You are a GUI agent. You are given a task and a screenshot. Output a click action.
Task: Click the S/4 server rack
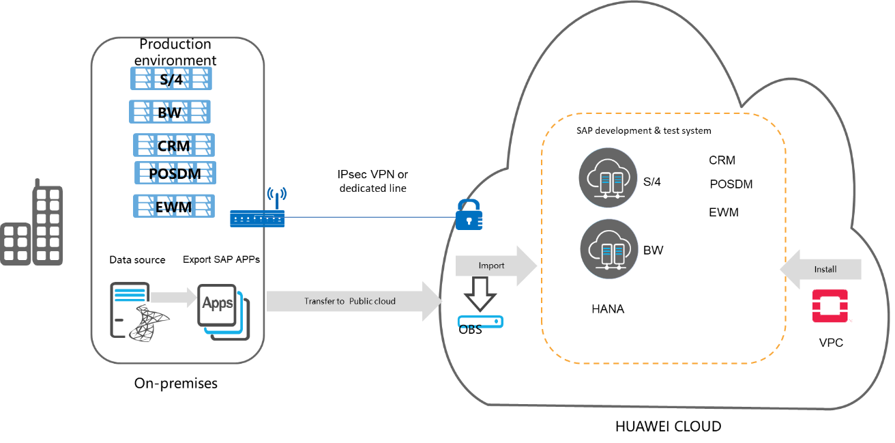click(171, 79)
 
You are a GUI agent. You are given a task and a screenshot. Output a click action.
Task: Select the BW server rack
click(169, 112)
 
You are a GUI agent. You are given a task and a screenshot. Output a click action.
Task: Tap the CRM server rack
click(174, 145)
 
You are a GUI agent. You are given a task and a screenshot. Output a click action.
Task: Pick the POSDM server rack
click(175, 173)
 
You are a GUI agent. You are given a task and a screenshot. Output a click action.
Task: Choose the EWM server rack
click(174, 206)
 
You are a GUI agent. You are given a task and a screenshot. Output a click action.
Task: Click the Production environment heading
click(175, 52)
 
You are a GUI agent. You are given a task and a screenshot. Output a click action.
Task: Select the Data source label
click(137, 260)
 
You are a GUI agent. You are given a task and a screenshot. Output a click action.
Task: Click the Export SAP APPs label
click(221, 259)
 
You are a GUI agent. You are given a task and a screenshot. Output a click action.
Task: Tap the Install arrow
click(821, 269)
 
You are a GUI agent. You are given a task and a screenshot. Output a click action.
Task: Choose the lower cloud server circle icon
click(609, 248)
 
